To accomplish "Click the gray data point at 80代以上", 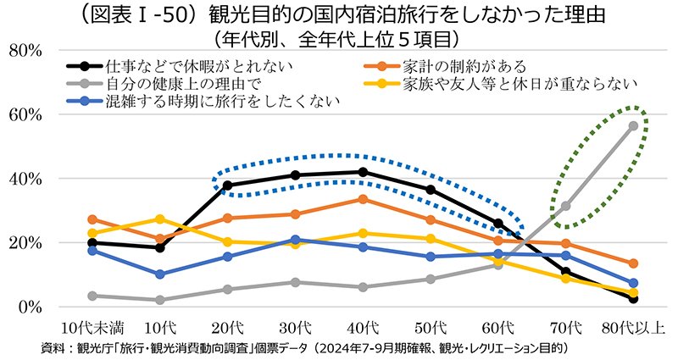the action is (x=633, y=125).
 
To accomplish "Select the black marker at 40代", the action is (x=363, y=172).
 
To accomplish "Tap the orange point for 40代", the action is (x=363, y=199).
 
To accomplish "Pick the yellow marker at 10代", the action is (x=160, y=219).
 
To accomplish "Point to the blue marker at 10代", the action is (x=160, y=274).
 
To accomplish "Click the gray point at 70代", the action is (x=565, y=206).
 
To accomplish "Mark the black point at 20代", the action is (x=227, y=186).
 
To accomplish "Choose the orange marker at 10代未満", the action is (x=92, y=219).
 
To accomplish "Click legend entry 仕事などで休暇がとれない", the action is (x=180, y=66).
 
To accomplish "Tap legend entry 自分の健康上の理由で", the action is (x=164, y=83).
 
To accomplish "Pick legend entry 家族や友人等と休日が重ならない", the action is (x=501, y=83).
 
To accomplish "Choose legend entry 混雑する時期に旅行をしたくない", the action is (x=203, y=101).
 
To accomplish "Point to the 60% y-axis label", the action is (x=25, y=115).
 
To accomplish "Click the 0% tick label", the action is (x=30, y=307).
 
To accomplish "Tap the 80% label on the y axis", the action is (x=25, y=51).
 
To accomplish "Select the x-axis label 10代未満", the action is (x=92, y=328).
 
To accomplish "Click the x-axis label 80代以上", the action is (x=633, y=328).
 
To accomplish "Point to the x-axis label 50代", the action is (x=431, y=328).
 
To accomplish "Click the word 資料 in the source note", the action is (x=52, y=348).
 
